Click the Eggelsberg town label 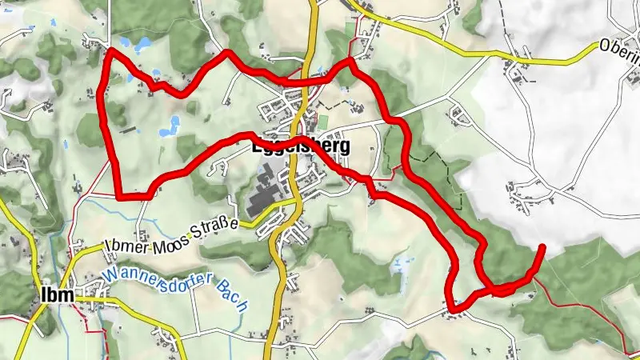(301, 148)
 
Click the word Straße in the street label (212, 225)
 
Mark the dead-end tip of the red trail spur (542, 246)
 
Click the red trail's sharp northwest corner (109, 50)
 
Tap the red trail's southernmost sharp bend (452, 307)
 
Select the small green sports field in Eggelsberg (322, 122)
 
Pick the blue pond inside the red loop (172, 125)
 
